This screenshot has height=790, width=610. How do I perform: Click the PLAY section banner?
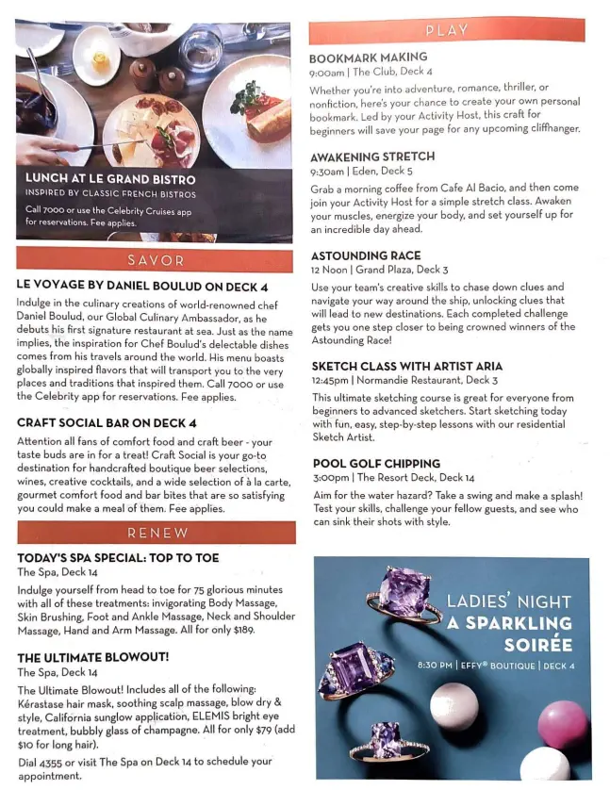pos(446,30)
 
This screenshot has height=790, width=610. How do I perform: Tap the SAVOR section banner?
pos(156,259)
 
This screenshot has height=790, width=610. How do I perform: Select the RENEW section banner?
pos(157,533)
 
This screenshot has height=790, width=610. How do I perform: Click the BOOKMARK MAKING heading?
pos(368,58)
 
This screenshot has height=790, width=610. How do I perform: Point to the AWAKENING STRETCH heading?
pos(372,156)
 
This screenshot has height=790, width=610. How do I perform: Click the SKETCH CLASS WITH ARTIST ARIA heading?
pos(406,366)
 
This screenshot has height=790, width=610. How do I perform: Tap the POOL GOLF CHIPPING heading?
pos(375,464)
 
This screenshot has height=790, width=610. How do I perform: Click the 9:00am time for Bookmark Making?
pos(326,72)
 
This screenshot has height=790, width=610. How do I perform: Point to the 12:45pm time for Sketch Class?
pos(328,380)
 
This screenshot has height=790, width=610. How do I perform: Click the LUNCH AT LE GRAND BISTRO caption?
pos(110,179)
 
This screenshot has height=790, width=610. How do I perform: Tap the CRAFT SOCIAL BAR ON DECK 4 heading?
pos(107,423)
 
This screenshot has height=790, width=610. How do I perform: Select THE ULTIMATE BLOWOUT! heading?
pos(93,657)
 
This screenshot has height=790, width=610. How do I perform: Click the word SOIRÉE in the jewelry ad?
pos(537,645)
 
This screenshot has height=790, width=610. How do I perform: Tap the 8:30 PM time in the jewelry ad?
pos(435,666)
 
